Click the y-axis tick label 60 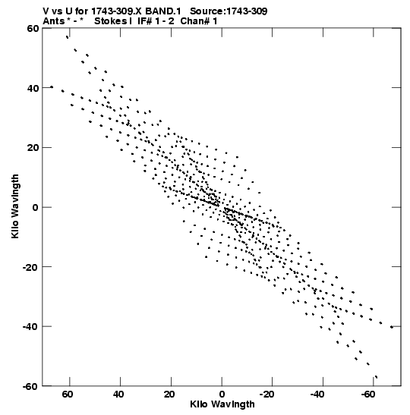pyautogui.click(x=33, y=28)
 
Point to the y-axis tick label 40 pyautogui.click(x=33, y=88)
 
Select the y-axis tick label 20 pyautogui.click(x=33, y=147)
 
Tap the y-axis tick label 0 pyautogui.click(x=36, y=207)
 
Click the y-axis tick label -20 pyautogui.click(x=30, y=267)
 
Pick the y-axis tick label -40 pyautogui.click(x=30, y=326)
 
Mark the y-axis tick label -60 pyautogui.click(x=30, y=386)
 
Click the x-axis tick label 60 pyautogui.click(x=68, y=395)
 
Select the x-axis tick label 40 pyautogui.click(x=118, y=395)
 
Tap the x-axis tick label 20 pyautogui.click(x=169, y=395)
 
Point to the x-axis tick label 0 pyautogui.click(x=222, y=395)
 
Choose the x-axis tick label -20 pyautogui.click(x=267, y=395)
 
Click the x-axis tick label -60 pyautogui.click(x=369, y=395)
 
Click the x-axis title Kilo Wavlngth pyautogui.click(x=222, y=404)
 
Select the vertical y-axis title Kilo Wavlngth pyautogui.click(x=15, y=206)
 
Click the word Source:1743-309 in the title pyautogui.click(x=229, y=11)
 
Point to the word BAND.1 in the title pyautogui.click(x=163, y=11)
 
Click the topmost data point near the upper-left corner pyautogui.click(x=68, y=37)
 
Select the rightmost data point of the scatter pyautogui.click(x=392, y=327)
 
